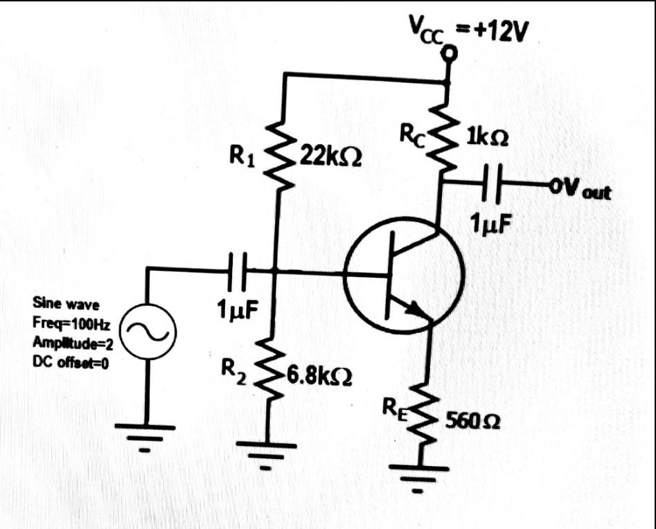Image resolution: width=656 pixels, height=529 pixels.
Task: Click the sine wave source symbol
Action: (x=148, y=333)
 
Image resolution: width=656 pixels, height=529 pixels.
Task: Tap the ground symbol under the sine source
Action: (x=146, y=437)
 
